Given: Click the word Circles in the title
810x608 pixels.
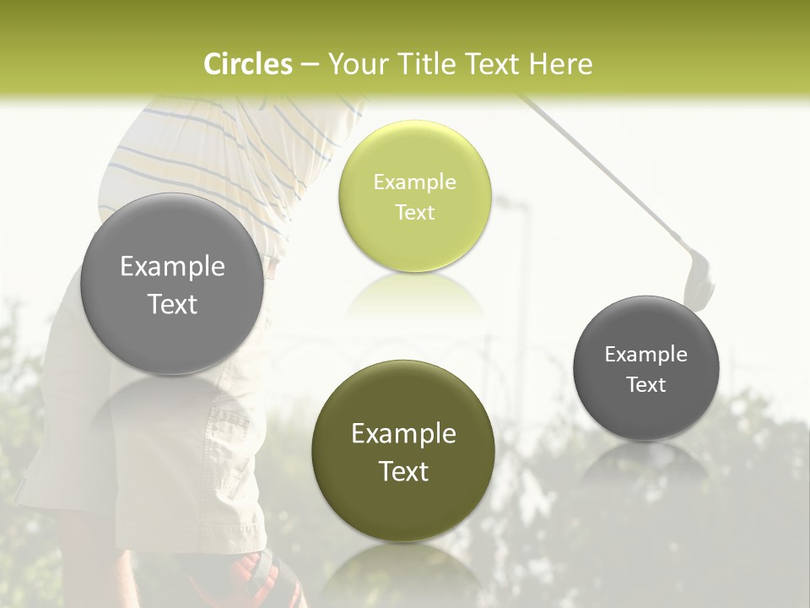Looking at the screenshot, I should point(248,64).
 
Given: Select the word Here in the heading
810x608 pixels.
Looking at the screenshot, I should point(560,64).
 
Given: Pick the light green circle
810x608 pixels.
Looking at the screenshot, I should point(414,197).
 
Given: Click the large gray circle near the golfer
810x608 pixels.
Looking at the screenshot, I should point(172,284).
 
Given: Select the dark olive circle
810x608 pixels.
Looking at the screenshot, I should point(403,451).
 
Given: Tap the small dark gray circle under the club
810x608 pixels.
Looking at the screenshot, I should point(646,368).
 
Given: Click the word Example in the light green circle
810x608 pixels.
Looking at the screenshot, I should point(414,182).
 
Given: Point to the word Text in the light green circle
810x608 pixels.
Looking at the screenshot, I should point(414,212).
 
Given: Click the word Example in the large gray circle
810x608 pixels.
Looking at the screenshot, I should point(172,267).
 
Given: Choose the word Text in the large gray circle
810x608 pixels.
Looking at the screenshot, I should point(172,305).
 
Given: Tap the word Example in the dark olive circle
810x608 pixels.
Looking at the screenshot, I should point(403,434).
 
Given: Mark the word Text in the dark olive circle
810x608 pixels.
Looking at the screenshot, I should point(403,471).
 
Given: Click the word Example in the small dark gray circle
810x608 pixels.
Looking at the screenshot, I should point(646,354).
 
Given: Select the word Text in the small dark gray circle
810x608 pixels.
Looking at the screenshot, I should point(646,384).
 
